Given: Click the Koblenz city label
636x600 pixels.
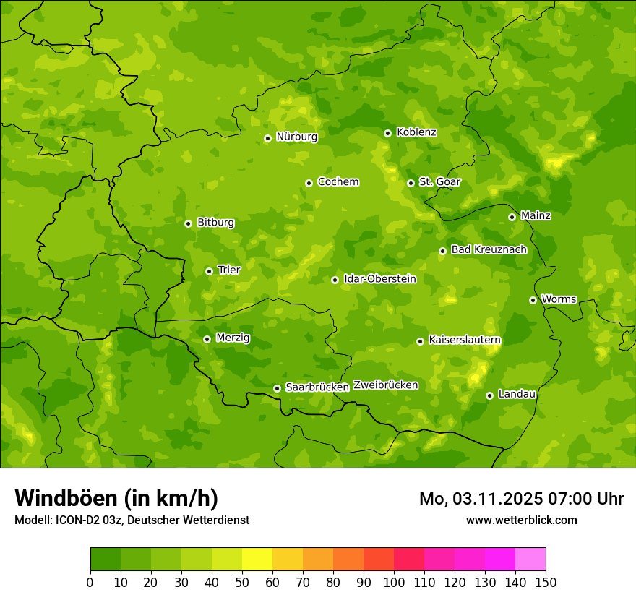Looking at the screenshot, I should click(416, 132).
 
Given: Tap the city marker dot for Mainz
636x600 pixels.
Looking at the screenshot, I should click(512, 217).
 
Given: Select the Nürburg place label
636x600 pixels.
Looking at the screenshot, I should click(296, 137).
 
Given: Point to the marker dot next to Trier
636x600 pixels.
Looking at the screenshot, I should click(209, 271).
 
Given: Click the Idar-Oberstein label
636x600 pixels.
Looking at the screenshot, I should click(379, 279).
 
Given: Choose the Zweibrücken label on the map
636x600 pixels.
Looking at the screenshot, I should click(385, 385).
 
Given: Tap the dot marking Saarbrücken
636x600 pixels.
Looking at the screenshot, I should click(277, 388).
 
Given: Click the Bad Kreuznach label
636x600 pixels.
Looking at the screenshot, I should click(489, 249).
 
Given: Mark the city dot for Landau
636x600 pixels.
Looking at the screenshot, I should click(489, 395).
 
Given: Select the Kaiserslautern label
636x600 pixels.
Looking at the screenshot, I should click(464, 340).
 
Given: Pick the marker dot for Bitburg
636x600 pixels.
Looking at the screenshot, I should click(188, 223).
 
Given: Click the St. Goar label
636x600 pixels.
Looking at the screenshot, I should click(439, 182).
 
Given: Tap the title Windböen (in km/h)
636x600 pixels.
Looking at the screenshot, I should click(116, 498).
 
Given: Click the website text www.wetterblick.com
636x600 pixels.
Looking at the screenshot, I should click(521, 520).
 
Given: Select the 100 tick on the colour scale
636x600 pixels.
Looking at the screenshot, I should click(394, 582).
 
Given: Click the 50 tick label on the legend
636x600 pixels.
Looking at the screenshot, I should click(242, 582).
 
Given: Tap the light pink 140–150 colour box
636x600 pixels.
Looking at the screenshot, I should click(530, 560).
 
